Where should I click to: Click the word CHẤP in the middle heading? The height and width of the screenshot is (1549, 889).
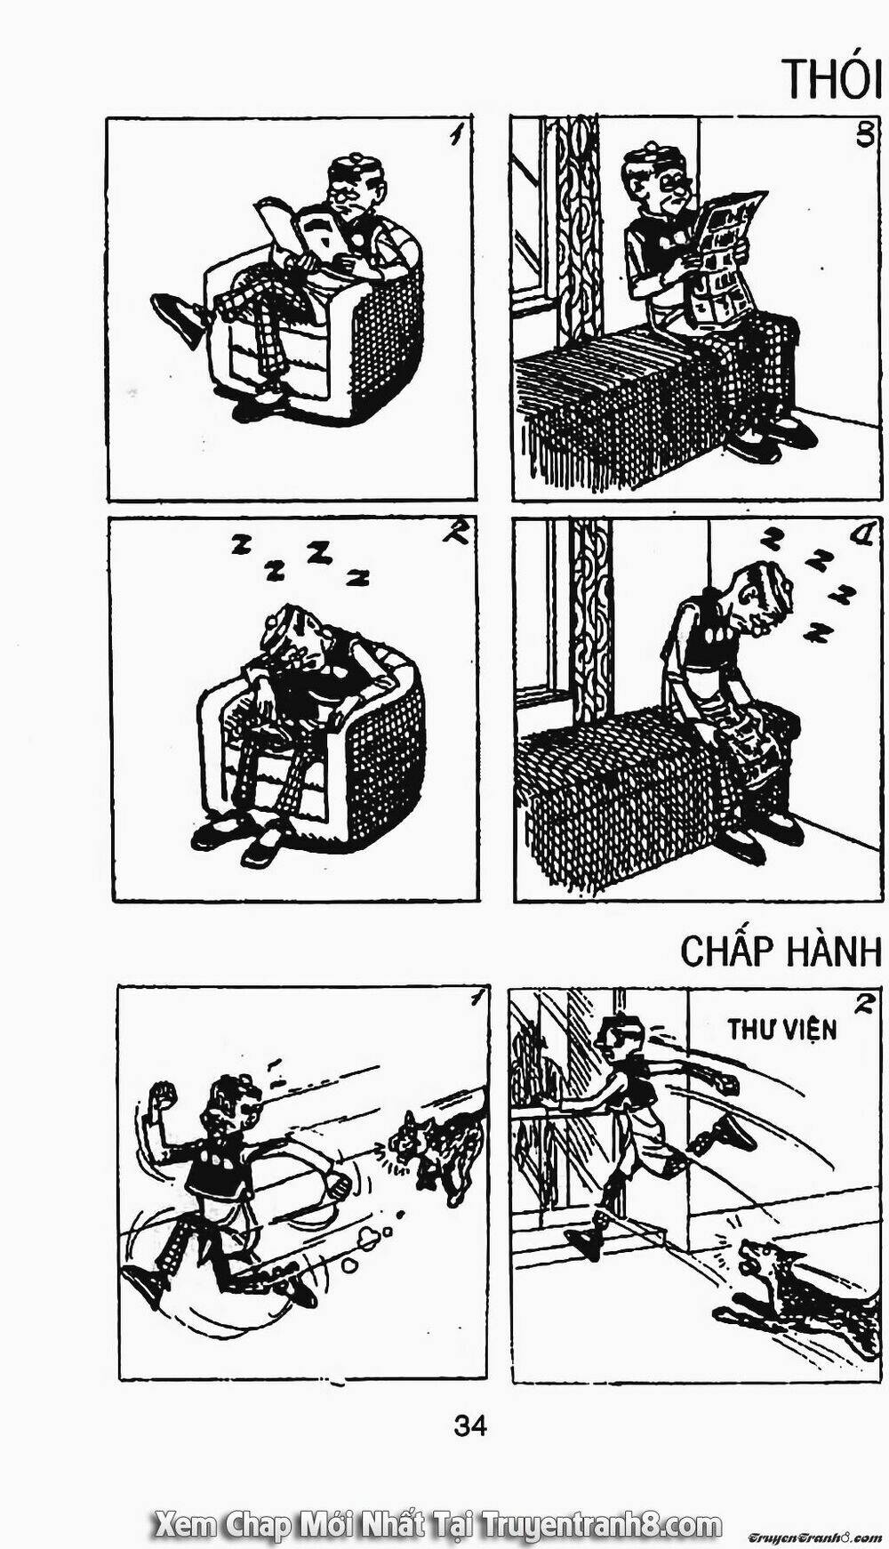tap(727, 951)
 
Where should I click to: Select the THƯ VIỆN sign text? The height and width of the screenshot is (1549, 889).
tap(781, 1030)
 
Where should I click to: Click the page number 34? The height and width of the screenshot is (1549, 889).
tap(469, 1426)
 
